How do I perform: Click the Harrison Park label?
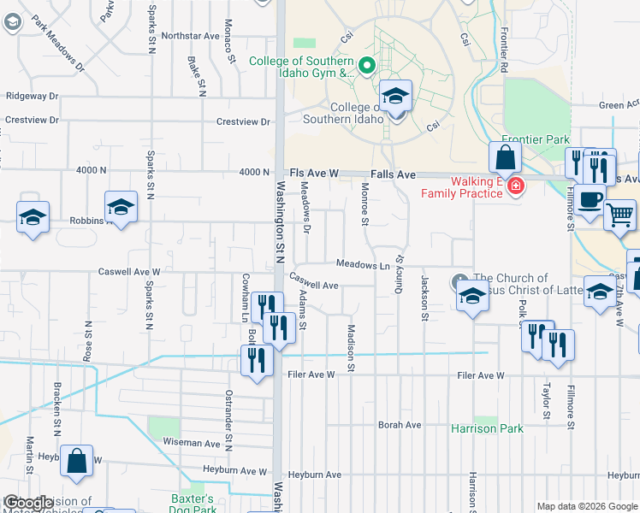pos(487,427)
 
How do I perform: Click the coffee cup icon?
pos(589,199)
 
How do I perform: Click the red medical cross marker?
pos(515,186)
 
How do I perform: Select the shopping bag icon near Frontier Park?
pos(505,157)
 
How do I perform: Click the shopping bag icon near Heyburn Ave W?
pos(77,461)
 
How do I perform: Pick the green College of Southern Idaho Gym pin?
pos(367,65)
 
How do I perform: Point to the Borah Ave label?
pos(400,425)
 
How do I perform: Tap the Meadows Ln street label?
pos(363,265)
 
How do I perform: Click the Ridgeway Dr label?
pos(32,97)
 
